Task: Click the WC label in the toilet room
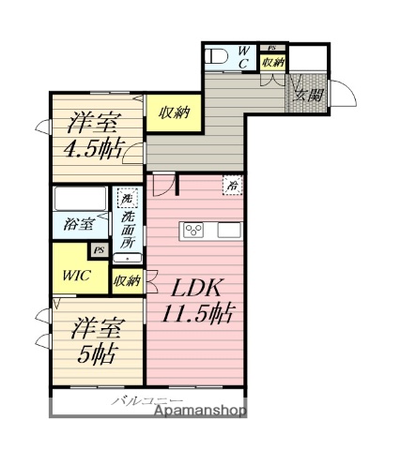click(x=243, y=56)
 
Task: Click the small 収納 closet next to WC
click(x=272, y=62)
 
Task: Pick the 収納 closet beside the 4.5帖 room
click(x=175, y=113)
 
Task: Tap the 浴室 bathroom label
click(x=78, y=226)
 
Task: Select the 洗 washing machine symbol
click(x=125, y=199)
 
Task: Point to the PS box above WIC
click(x=97, y=250)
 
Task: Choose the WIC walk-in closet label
click(x=77, y=276)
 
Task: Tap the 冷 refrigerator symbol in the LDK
click(x=231, y=187)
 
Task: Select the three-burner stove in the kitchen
click(x=195, y=231)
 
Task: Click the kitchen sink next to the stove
click(x=230, y=231)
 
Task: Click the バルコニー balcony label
click(x=141, y=400)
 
